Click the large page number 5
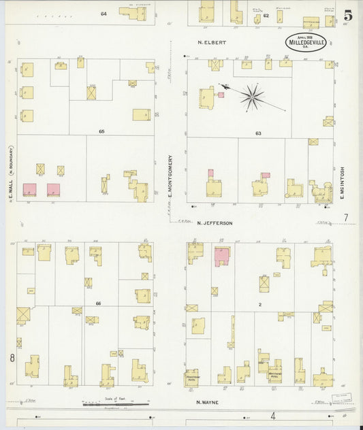click(347, 15)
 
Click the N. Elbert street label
click(211, 42)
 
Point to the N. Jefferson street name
click(215, 222)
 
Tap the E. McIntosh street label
click(343, 184)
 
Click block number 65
click(101, 130)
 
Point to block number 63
click(258, 133)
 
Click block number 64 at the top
click(104, 14)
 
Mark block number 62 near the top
click(266, 14)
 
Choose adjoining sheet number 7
click(345, 218)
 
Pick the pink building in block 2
click(222, 257)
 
